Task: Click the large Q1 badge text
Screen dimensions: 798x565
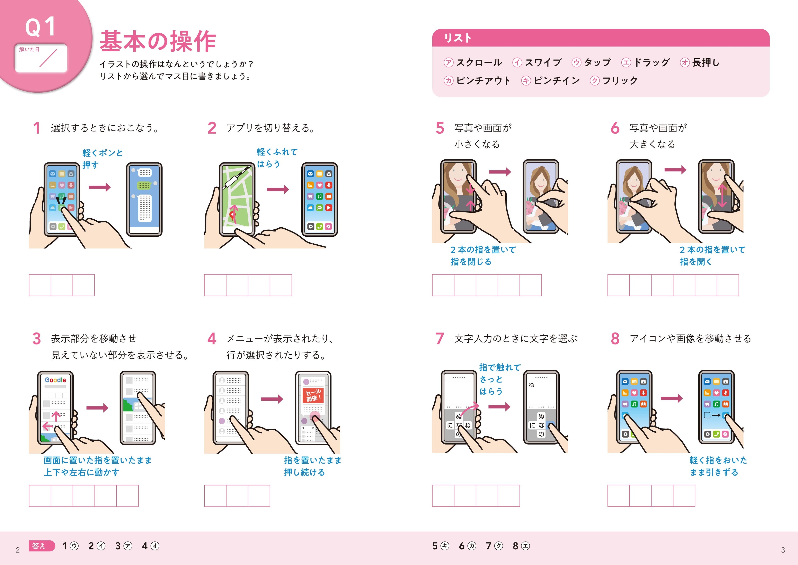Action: [40, 27]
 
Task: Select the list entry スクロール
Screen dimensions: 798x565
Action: [479, 63]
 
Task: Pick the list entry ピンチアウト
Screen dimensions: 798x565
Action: [483, 81]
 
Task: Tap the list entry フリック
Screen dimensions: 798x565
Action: [620, 81]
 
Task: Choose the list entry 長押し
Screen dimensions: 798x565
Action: [706, 63]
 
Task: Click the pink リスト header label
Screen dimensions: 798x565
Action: [458, 38]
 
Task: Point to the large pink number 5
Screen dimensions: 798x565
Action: [440, 128]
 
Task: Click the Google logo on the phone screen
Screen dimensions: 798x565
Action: [55, 380]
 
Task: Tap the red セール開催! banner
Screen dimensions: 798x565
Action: [313, 395]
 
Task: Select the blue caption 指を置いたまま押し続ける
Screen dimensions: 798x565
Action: [312, 466]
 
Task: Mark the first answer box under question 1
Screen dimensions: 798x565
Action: [40, 285]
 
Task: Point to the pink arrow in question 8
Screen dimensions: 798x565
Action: [672, 398]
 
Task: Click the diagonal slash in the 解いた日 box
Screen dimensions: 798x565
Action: [48, 58]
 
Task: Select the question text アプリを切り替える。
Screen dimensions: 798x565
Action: [271, 128]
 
